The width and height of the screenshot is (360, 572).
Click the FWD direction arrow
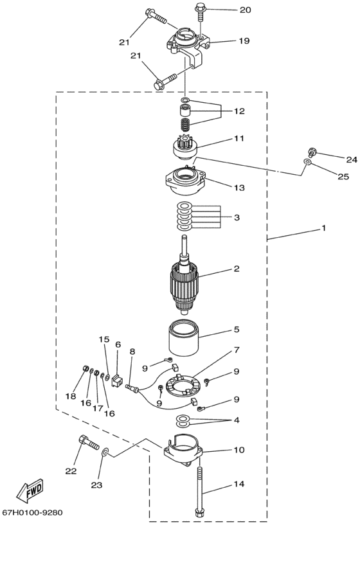30,490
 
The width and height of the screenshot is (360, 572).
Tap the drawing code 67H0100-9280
32,512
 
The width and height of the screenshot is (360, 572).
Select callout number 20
245,10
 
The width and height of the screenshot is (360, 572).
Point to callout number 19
244,40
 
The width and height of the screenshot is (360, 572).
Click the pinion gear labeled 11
185,148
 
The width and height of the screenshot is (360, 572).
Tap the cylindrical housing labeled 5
183,338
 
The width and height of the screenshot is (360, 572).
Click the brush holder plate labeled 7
183,385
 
